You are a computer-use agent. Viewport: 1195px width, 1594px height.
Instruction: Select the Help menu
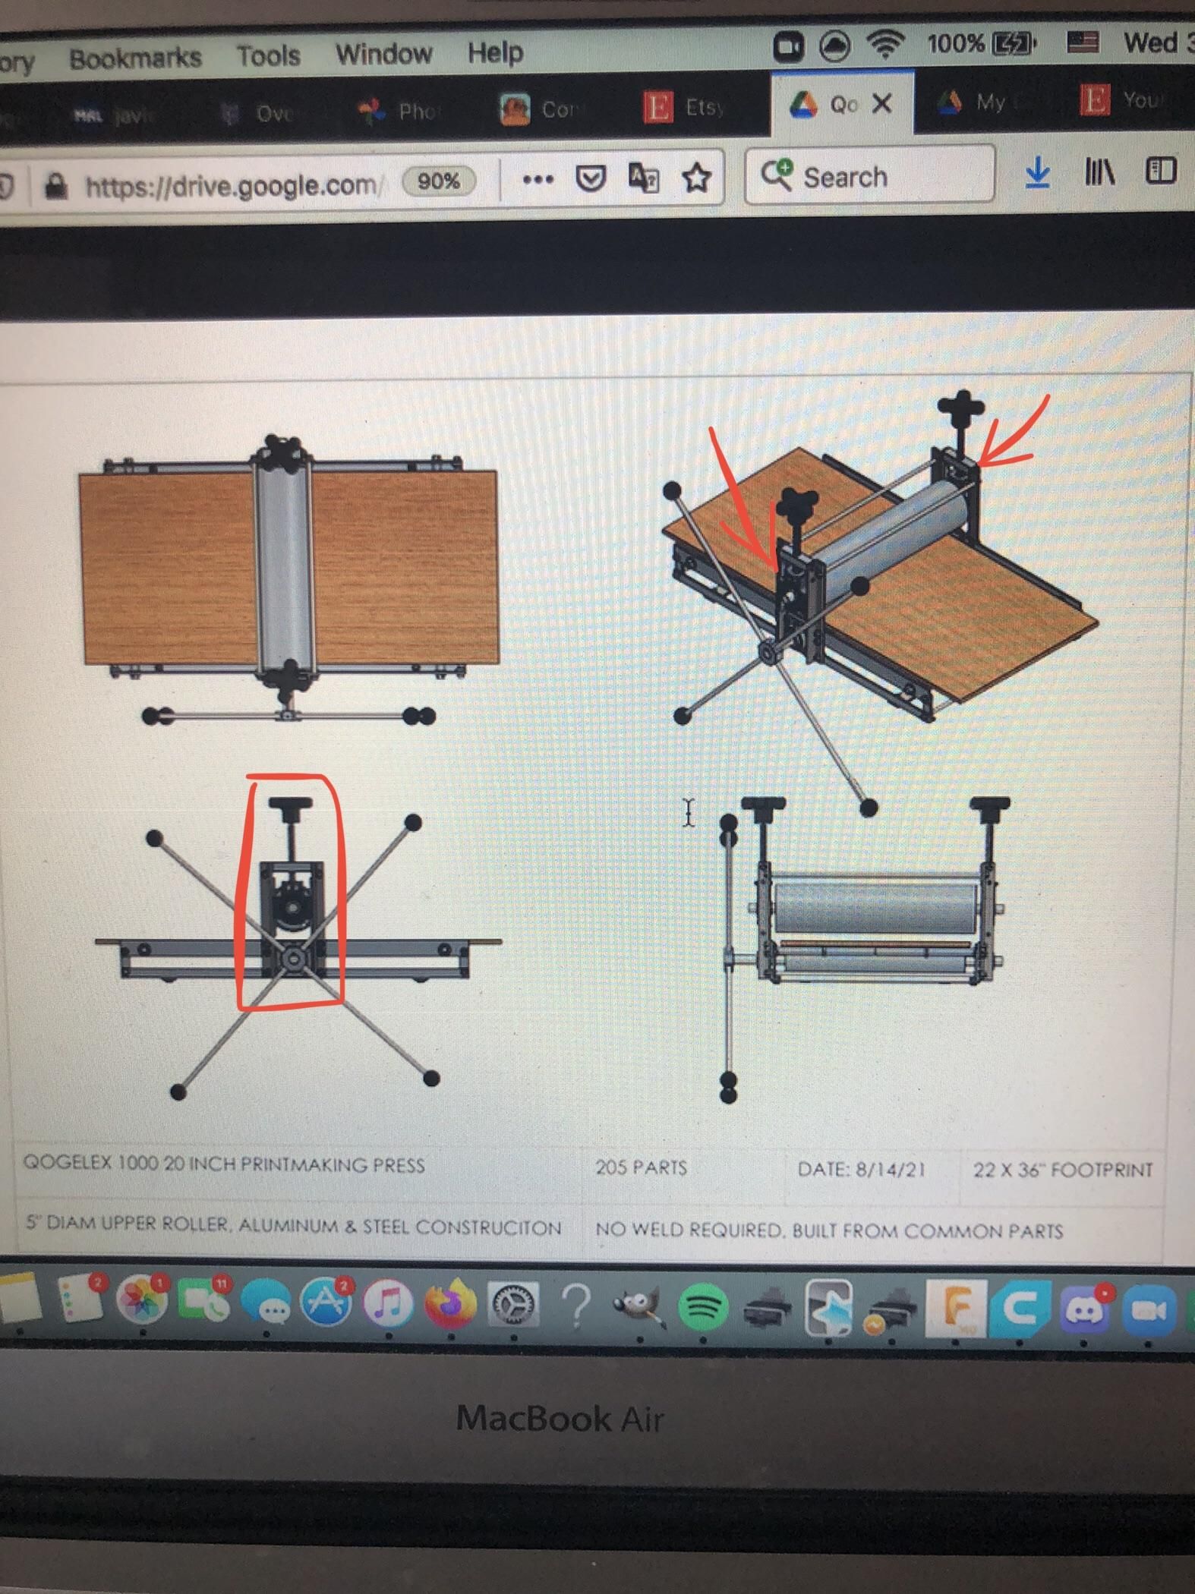(495, 53)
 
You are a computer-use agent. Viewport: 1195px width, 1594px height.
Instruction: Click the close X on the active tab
(881, 103)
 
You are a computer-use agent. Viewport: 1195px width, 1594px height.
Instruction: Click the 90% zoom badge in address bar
(438, 181)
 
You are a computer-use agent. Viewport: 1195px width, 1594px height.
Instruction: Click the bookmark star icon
(695, 178)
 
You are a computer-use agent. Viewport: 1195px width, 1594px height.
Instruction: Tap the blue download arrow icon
(1037, 173)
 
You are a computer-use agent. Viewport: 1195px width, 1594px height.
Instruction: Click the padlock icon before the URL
(55, 184)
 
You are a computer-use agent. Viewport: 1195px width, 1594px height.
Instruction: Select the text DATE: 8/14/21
(861, 1169)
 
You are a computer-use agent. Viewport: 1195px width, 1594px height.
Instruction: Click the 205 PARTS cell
(641, 1167)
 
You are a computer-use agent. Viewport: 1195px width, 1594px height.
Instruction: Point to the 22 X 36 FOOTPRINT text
(1062, 1170)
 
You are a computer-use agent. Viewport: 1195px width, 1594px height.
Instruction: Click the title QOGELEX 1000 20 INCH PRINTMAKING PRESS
(224, 1164)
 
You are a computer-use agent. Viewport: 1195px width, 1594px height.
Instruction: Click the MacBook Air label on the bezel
(560, 1418)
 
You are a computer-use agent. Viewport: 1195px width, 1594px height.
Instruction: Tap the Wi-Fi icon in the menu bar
(885, 46)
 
